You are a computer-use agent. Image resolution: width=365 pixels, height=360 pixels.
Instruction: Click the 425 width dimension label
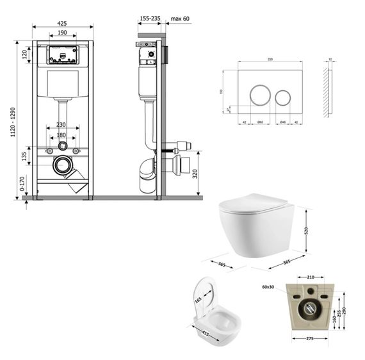click(x=63, y=24)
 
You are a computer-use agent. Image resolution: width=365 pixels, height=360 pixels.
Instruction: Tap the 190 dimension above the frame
click(x=63, y=33)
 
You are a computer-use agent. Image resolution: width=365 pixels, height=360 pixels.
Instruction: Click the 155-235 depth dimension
click(x=149, y=19)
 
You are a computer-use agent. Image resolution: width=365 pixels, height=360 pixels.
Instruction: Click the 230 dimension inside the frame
click(x=61, y=124)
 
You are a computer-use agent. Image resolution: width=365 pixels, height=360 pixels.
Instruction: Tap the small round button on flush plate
click(x=282, y=97)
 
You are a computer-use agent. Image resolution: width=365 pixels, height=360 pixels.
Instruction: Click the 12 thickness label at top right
click(x=330, y=59)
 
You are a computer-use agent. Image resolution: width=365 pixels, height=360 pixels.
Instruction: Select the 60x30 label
click(x=267, y=288)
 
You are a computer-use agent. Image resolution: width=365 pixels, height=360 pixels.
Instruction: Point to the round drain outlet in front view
click(x=63, y=167)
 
